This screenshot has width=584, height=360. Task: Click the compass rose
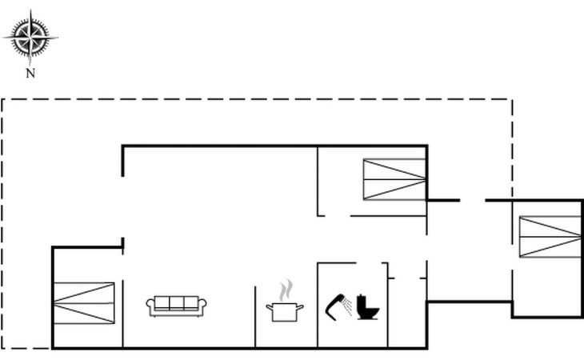pyautogui.click(x=30, y=36)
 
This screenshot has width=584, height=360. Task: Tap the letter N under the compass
pyautogui.click(x=30, y=73)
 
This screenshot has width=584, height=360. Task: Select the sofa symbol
pyautogui.click(x=177, y=305)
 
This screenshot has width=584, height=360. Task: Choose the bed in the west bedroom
pyautogui.click(x=84, y=303)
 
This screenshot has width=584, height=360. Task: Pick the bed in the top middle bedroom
pyautogui.click(x=394, y=178)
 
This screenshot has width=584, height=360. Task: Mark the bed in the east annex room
pyautogui.click(x=550, y=237)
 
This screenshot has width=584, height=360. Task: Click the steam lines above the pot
pyautogui.click(x=285, y=290)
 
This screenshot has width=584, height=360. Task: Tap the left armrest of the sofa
pyautogui.click(x=150, y=305)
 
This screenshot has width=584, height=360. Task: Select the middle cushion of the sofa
pyautogui.click(x=177, y=302)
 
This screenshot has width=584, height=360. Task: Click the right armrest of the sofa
pyautogui.click(x=203, y=305)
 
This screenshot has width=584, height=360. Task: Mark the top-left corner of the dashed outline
pyautogui.click(x=2, y=99)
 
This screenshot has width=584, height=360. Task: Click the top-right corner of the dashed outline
pyautogui.click(x=512, y=99)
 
